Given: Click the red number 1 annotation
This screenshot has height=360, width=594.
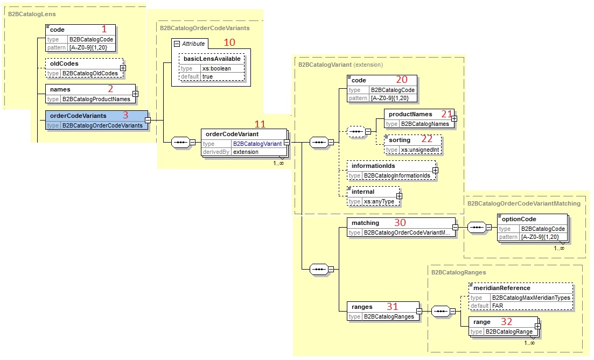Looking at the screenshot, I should (105, 29).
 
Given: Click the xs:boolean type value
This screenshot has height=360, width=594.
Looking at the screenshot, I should (210, 68).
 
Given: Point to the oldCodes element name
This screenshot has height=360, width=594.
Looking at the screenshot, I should (64, 63).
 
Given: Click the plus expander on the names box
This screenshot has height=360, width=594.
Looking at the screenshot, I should (135, 94).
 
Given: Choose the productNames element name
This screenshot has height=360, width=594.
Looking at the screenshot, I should (410, 114).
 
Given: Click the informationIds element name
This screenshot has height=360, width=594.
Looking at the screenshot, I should (373, 166).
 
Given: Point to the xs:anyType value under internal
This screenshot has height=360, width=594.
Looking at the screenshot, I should (379, 201).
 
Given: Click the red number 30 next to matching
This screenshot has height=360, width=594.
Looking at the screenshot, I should (400, 222).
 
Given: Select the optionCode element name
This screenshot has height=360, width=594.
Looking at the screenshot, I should (519, 219).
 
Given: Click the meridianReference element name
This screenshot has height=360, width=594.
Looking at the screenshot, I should (501, 288).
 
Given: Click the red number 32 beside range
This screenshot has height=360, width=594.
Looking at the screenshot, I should (507, 322).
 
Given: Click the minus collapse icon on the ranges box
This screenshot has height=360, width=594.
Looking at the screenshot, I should (418, 310).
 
